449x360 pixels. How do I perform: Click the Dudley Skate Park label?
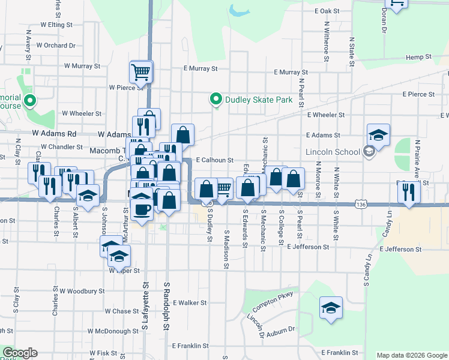pos(259,100)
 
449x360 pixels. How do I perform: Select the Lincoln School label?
pos(333,152)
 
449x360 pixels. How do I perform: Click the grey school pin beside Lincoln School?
pos(369,152)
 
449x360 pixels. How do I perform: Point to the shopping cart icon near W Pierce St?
pos(140,73)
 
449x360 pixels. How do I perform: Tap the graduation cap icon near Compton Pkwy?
pos(330,308)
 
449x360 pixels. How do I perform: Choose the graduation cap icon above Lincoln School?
pos(378,135)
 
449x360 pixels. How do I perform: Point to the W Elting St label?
pos(56,25)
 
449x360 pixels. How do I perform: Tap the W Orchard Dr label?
pos(55,45)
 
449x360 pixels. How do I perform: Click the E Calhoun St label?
pos(206,160)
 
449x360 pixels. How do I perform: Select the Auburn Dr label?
pos(282,329)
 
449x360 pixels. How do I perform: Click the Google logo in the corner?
pos(20,353)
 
